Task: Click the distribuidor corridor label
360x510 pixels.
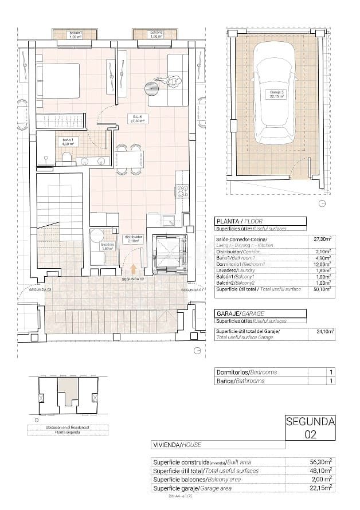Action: [x=133, y=239]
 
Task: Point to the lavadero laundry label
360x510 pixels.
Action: [x=107, y=246]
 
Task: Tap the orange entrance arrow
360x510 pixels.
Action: [x=134, y=269]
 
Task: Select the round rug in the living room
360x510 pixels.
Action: [x=152, y=88]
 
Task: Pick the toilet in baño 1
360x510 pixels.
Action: [x=66, y=157]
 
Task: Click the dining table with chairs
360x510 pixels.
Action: [x=128, y=159]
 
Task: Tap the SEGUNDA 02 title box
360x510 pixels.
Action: [x=310, y=428]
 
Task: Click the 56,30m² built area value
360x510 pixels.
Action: [x=322, y=461]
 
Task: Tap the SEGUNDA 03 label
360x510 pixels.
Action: [x=40, y=290]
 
